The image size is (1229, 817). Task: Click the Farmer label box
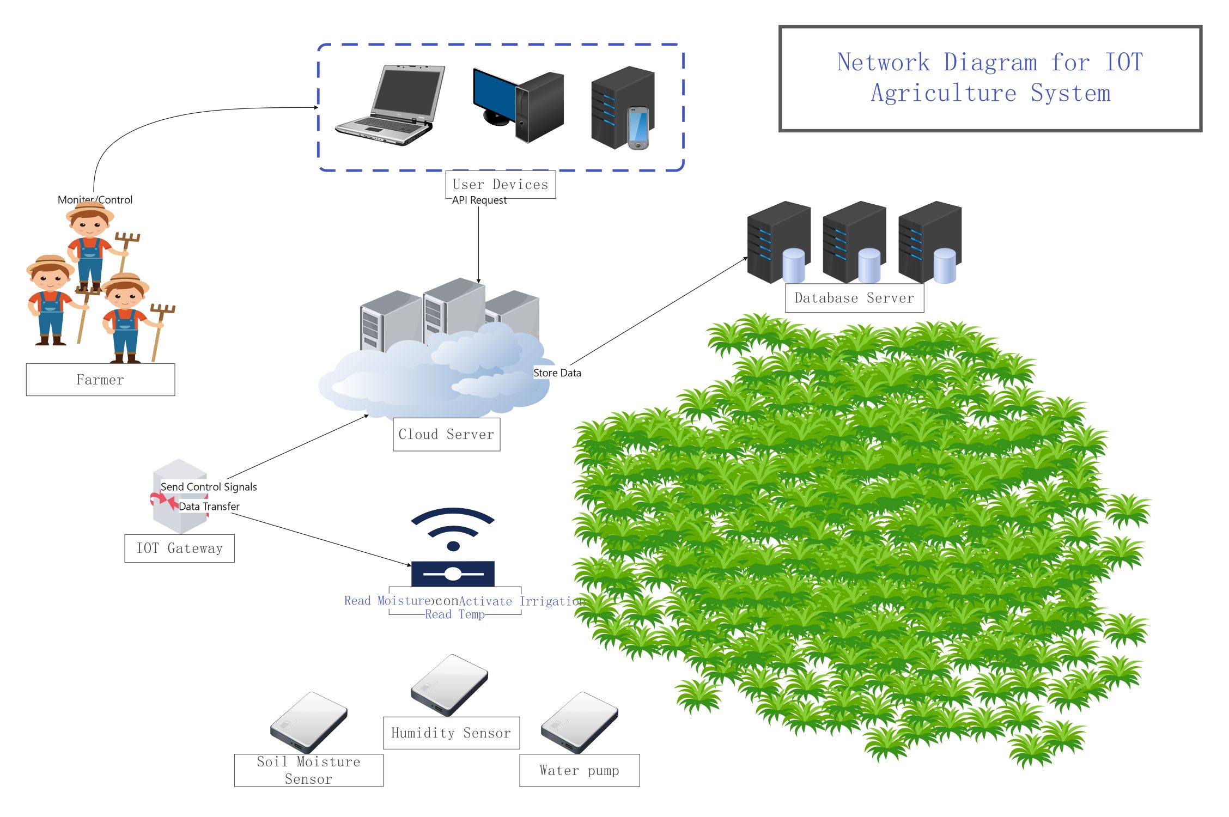click(100, 380)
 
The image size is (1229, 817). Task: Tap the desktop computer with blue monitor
click(518, 106)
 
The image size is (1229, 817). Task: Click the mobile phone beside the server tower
click(638, 128)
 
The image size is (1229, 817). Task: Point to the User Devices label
click(500, 185)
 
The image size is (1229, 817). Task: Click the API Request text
click(479, 200)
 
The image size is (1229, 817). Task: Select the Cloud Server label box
click(446, 435)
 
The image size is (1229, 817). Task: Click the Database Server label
click(854, 298)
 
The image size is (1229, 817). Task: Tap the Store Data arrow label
click(557, 373)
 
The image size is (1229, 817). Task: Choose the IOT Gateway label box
click(179, 548)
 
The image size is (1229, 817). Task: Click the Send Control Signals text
click(209, 487)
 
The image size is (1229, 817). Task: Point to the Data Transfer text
click(209, 507)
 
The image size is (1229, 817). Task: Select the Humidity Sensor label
click(451, 733)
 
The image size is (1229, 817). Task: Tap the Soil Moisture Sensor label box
click(308, 770)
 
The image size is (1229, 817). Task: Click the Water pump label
click(579, 771)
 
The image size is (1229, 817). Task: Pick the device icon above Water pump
click(579, 722)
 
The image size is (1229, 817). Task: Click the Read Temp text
click(455, 614)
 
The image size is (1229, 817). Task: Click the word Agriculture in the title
click(944, 93)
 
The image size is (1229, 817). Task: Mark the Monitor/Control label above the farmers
click(95, 200)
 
